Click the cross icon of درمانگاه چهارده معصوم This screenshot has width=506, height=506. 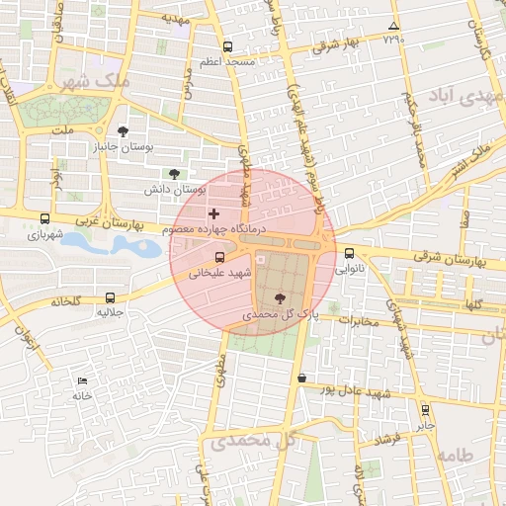(213, 213)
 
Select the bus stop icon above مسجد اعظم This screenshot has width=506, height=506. (228, 46)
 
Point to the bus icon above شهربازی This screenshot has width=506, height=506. (44, 218)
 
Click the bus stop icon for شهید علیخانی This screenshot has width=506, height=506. (219, 258)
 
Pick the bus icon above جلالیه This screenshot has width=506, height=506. (109, 296)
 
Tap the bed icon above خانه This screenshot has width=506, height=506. (82, 380)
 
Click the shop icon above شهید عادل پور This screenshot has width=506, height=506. (301, 378)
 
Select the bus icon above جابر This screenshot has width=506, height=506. (425, 409)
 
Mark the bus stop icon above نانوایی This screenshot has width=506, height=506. (349, 252)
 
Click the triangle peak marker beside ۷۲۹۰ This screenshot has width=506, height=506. (394, 26)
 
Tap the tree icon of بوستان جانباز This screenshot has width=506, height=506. (123, 131)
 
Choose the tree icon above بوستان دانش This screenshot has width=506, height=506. (175, 173)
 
